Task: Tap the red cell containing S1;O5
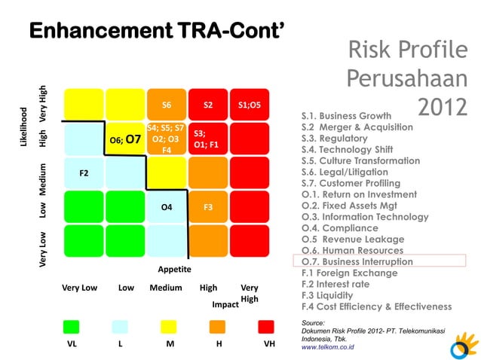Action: coord(250,105)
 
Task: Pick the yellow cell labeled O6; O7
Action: coord(124,139)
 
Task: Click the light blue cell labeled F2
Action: coord(83,173)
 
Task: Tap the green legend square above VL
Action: coord(71,326)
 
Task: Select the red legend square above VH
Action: coord(266,326)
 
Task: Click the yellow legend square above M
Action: coord(168,326)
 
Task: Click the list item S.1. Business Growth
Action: coord(346,116)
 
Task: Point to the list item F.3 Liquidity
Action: coord(329,295)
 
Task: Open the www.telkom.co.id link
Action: coord(328,347)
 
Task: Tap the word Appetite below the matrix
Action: coord(174,269)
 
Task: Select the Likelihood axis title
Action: coord(23,127)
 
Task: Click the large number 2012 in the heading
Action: coord(442,106)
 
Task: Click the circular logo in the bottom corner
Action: coord(463,347)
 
